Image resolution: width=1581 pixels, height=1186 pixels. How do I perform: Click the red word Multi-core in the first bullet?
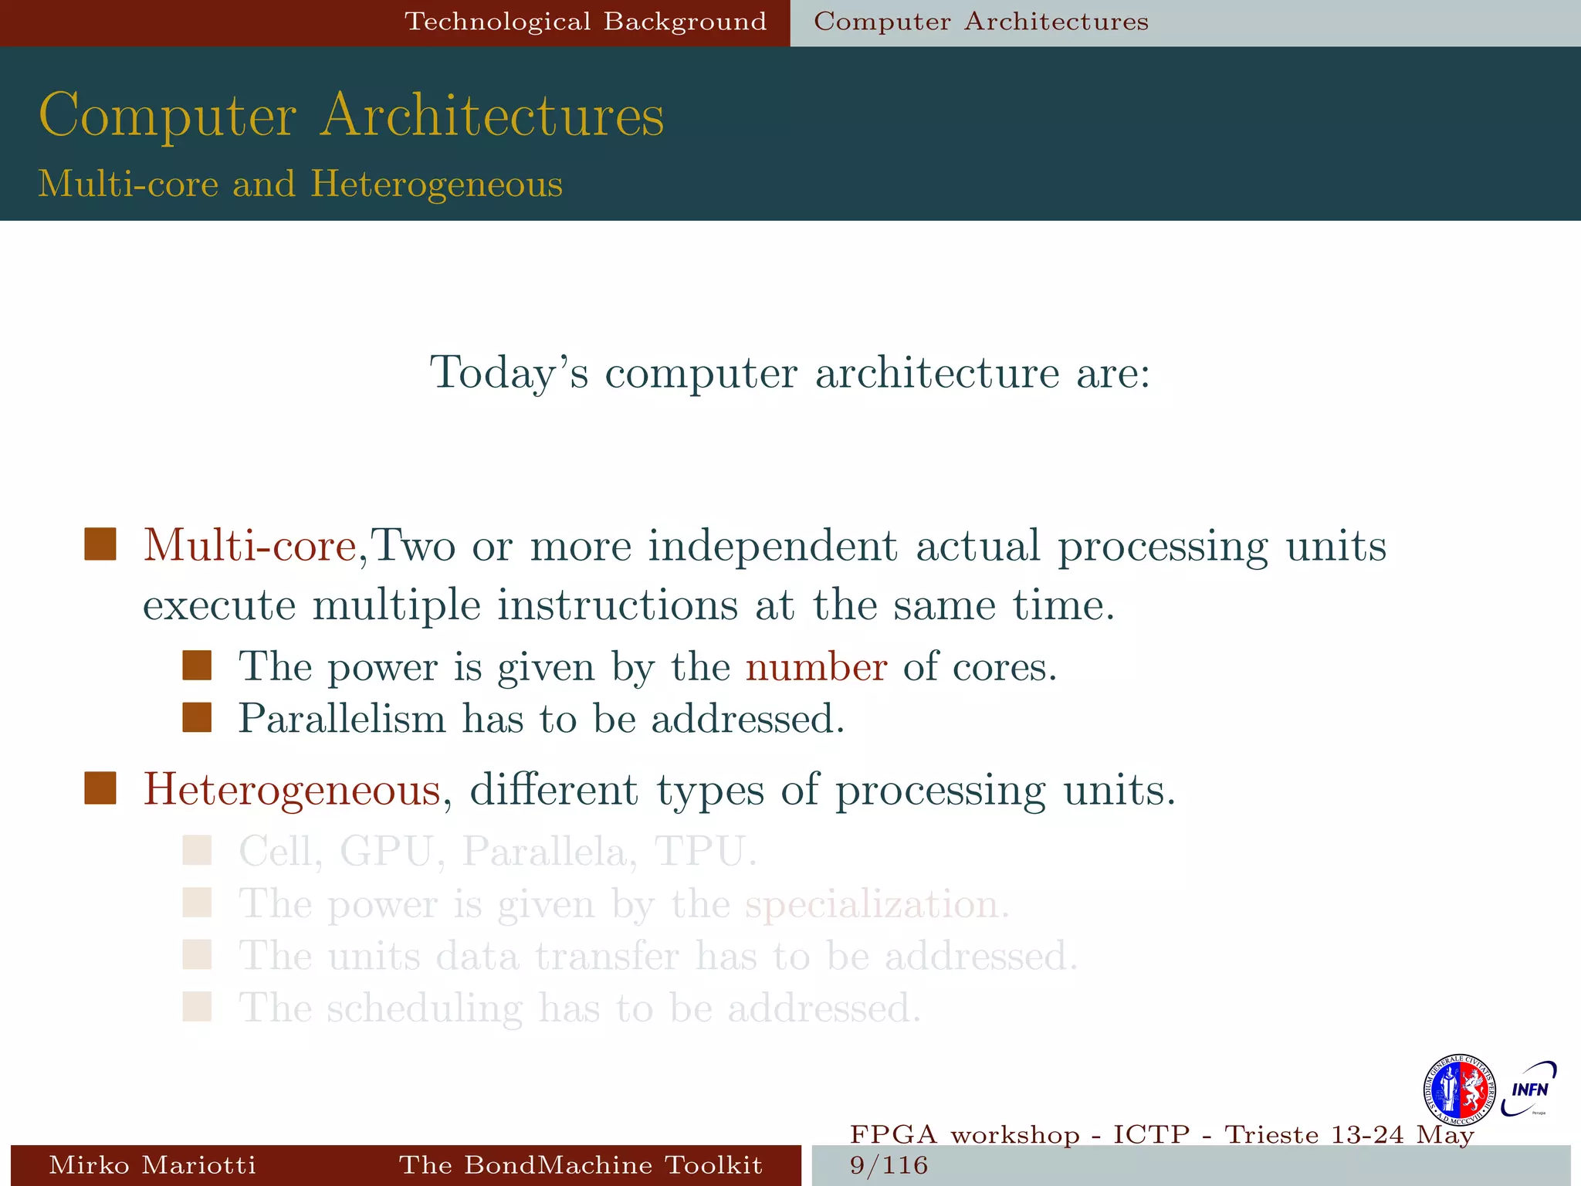click(x=249, y=545)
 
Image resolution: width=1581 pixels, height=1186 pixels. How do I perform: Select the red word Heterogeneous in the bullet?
click(x=292, y=790)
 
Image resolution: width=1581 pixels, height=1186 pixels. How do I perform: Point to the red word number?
click(x=816, y=666)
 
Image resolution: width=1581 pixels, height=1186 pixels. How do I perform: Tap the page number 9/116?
click(x=889, y=1165)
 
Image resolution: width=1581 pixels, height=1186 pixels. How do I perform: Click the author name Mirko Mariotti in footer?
click(x=152, y=1165)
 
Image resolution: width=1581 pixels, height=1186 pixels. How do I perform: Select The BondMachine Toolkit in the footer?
click(x=581, y=1165)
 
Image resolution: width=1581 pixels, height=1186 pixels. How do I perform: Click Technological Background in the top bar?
click(x=586, y=22)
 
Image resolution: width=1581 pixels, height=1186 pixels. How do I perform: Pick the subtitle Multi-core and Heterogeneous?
click(x=300, y=184)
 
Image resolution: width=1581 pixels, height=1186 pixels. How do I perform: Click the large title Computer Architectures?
click(x=351, y=116)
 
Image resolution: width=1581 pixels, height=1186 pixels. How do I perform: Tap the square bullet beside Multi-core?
click(x=100, y=544)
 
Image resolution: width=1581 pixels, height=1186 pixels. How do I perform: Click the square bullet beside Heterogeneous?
click(x=100, y=789)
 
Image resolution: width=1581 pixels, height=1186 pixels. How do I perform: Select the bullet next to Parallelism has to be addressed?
click(x=197, y=717)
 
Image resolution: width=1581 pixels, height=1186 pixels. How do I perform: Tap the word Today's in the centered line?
click(x=509, y=373)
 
